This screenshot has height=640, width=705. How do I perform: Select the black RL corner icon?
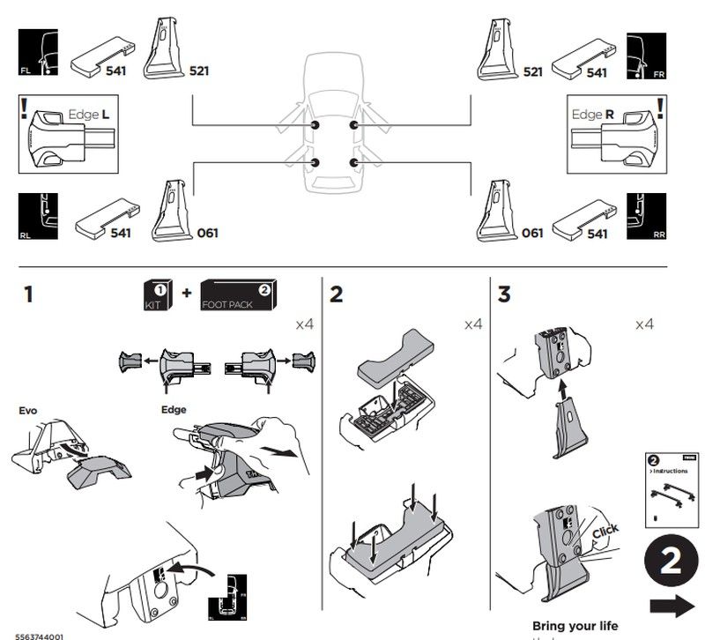tap(38, 216)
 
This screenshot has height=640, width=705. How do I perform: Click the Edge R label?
tap(593, 115)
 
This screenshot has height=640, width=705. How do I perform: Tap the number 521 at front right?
tap(532, 71)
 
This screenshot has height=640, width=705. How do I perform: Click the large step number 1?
tap(30, 294)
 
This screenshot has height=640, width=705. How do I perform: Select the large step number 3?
tap(504, 294)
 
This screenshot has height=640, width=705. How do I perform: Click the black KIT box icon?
tap(157, 294)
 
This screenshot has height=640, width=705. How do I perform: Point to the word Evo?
tap(27, 410)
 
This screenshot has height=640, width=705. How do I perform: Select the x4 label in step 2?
tap(473, 324)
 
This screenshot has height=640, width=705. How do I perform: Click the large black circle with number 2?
tap(670, 562)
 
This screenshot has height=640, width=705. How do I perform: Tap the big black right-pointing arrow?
tap(670, 606)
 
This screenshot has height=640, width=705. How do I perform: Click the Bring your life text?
tap(575, 626)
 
